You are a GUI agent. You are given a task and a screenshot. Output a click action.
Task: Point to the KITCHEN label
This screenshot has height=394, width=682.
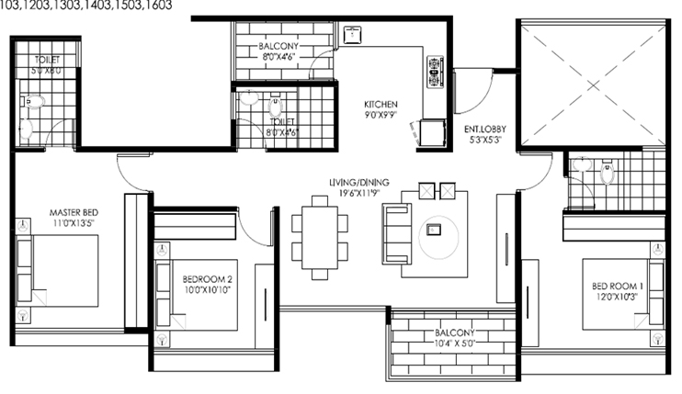tap(380, 104)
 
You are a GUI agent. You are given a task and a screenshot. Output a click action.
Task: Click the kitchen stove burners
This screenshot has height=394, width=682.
tap(433, 73)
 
